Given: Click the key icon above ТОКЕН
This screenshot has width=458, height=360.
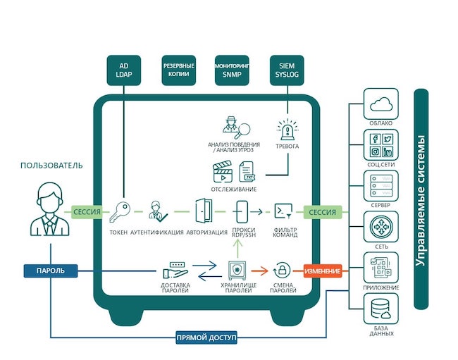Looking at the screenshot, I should pyautogui.click(x=120, y=211).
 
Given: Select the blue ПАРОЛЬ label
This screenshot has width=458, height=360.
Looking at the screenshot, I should pyautogui.click(x=50, y=271).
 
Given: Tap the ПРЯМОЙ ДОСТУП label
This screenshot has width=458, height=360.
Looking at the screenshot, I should pyautogui.click(x=207, y=337).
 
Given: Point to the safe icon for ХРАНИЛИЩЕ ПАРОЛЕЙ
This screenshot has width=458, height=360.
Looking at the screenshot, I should pyautogui.click(x=236, y=271).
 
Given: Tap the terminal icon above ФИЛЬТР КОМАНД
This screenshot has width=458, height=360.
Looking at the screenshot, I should pyautogui.click(x=283, y=210).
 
